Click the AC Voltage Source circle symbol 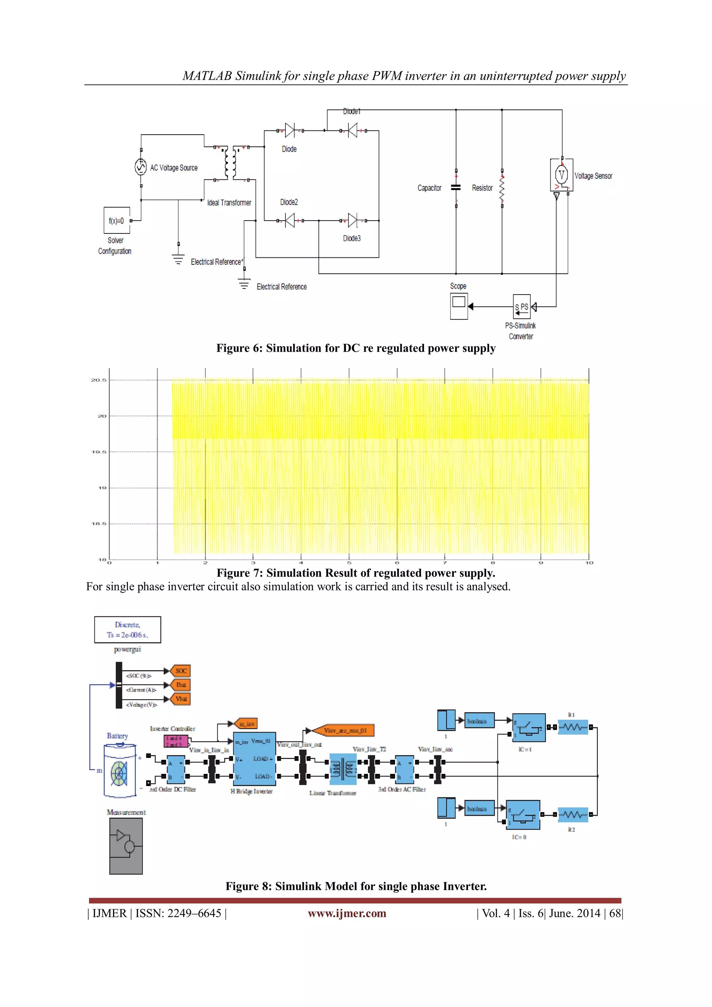(x=140, y=167)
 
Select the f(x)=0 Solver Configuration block (x=116, y=221)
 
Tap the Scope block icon (x=459, y=306)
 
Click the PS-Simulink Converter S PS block (x=522, y=306)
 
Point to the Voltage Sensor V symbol (x=561, y=175)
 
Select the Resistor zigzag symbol (x=502, y=188)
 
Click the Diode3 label (x=351, y=238)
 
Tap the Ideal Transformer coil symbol (x=230, y=163)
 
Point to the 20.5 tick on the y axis (x=99, y=380)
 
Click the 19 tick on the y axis (x=102, y=488)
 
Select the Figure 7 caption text (x=356, y=573)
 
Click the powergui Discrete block (x=128, y=630)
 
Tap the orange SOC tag (x=181, y=671)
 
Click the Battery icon (x=119, y=770)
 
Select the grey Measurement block (x=126, y=846)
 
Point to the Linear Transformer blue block (x=343, y=769)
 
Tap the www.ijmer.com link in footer (x=347, y=913)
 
